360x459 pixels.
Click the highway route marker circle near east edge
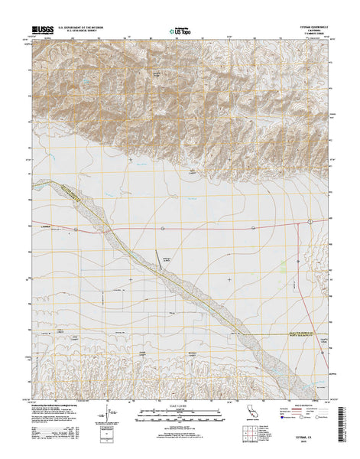[309, 221]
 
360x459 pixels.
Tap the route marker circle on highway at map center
[162, 227]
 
